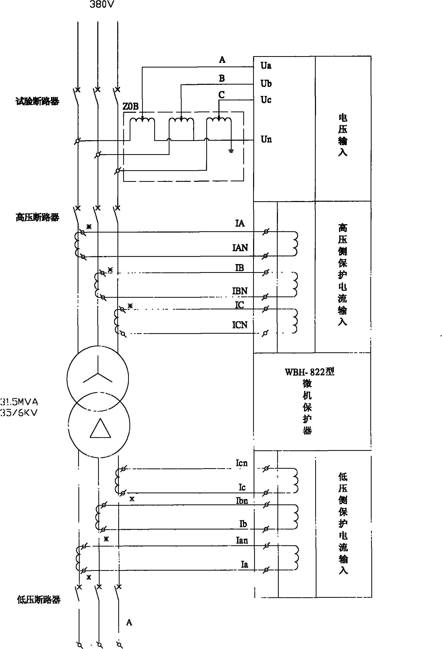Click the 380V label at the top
102,4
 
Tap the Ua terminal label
266,66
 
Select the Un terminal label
266,139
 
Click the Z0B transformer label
130,106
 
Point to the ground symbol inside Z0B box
231,151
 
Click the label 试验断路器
37,101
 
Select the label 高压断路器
37,217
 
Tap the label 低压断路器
39,600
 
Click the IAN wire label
240,248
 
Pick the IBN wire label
240,291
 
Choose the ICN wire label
240,325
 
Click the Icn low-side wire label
241,463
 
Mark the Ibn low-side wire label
242,501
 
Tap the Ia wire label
245,564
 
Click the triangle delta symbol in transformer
100,429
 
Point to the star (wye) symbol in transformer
98,371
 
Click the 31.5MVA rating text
19,402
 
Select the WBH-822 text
309,372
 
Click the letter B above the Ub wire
222,78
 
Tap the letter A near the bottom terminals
129,622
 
